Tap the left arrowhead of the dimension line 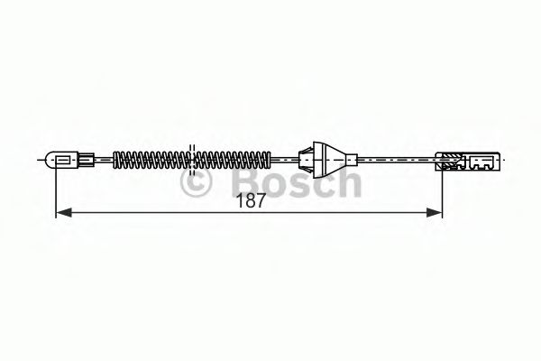point(62,214)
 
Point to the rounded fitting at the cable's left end point(63,162)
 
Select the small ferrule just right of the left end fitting point(87,162)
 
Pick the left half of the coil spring point(149,162)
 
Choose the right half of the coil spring point(233,162)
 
